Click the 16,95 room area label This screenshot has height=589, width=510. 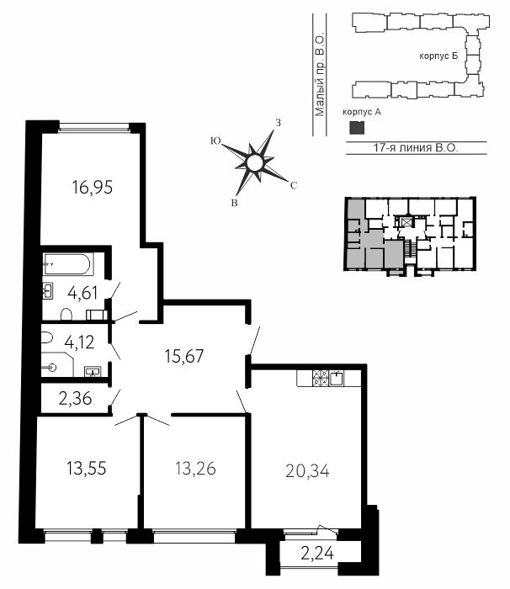[x=93, y=187]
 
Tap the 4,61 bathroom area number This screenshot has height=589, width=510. [x=82, y=293]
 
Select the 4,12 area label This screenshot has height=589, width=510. [x=79, y=342]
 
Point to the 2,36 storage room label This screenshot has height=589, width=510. [x=75, y=398]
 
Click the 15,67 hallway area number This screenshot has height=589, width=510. [x=184, y=356]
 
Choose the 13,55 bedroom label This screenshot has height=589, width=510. [x=87, y=469]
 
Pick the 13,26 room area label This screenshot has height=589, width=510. [x=195, y=469]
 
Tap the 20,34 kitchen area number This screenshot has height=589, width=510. [x=307, y=470]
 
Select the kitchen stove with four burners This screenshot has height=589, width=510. [x=321, y=378]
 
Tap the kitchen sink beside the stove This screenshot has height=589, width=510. [x=337, y=378]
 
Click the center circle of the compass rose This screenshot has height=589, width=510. [x=253, y=162]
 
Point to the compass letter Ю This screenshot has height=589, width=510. [x=215, y=141]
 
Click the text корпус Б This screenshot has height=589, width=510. [x=438, y=56]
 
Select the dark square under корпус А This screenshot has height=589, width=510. [x=357, y=128]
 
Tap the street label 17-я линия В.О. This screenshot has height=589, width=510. [x=416, y=147]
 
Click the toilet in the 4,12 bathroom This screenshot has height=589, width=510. [x=46, y=337]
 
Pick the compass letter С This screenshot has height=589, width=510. [x=294, y=185]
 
